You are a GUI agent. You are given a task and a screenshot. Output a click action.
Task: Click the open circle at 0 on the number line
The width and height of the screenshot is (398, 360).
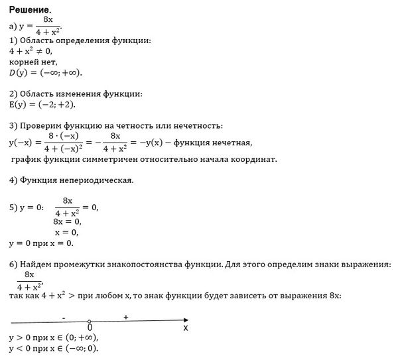point(90,322)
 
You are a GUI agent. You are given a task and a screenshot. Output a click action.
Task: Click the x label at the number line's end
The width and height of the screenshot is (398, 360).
point(186,328)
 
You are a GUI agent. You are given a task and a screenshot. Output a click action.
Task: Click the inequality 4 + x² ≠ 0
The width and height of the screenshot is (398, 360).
point(31,50)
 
